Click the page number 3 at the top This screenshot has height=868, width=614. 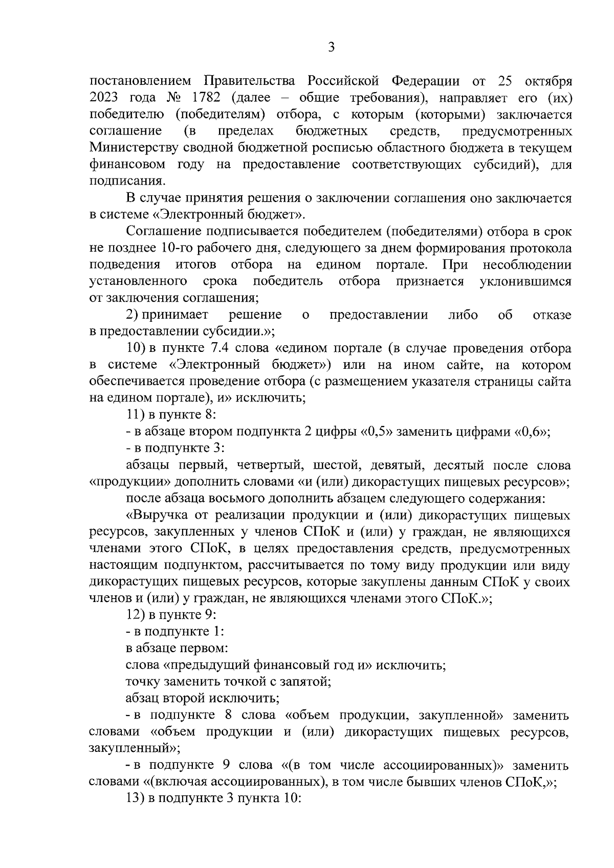[331, 48]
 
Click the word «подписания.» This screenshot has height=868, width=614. [128, 181]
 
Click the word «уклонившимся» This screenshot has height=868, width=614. [525, 281]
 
